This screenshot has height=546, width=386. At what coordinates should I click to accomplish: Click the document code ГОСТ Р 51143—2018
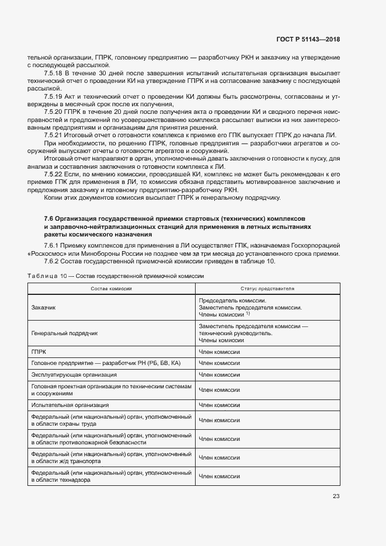[308, 40]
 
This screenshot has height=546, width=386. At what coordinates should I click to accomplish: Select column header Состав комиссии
[111, 289]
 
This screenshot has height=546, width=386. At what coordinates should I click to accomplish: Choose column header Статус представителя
[267, 289]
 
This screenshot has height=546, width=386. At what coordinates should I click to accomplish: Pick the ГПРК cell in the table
[39, 352]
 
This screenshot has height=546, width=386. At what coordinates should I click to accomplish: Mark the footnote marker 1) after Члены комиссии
[248, 313]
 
